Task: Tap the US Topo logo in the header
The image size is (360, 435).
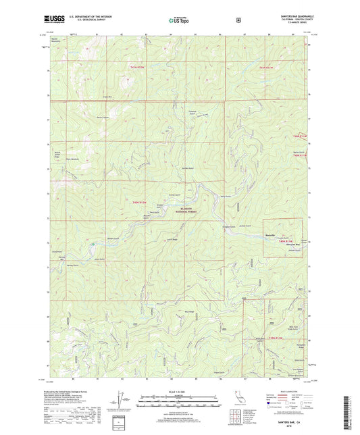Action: [x=178, y=21]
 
